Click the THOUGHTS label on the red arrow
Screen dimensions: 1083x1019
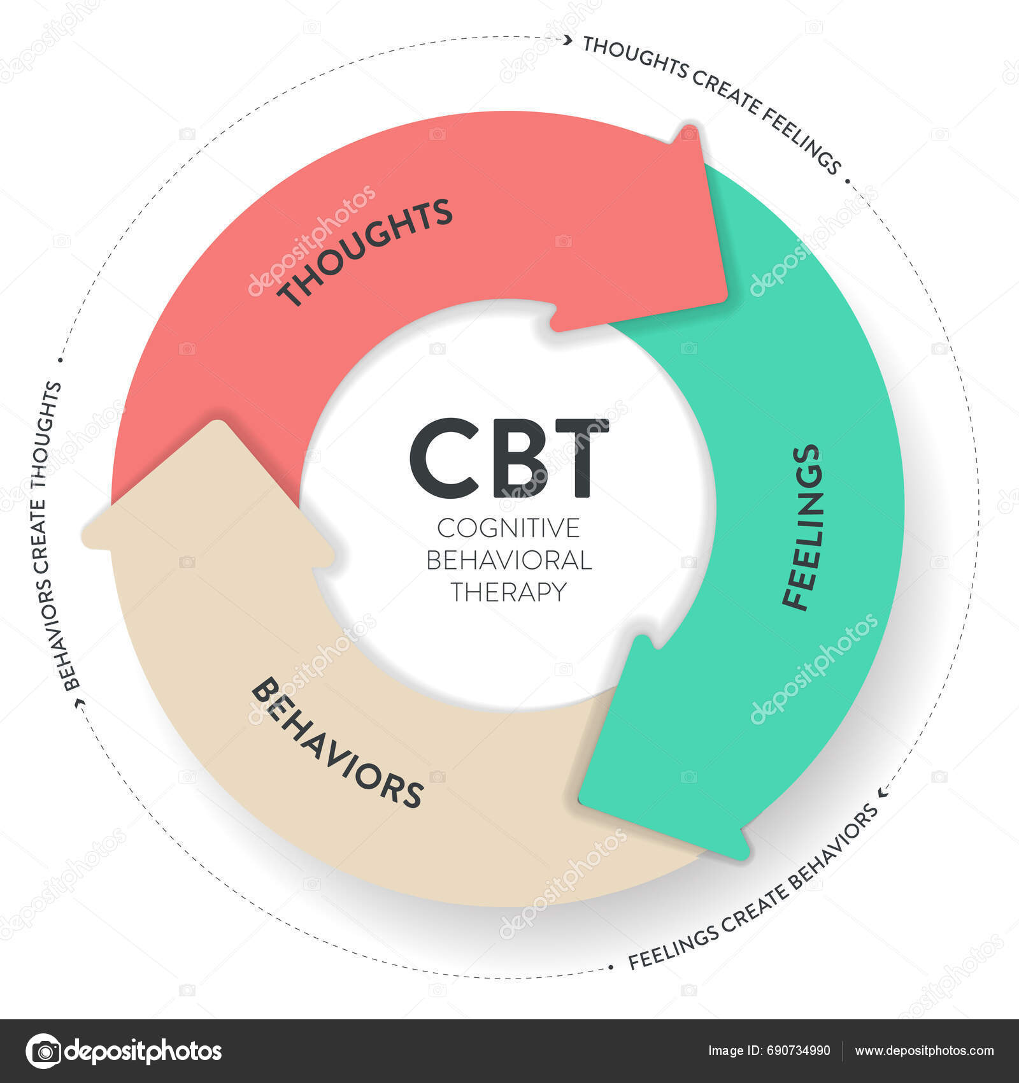(366, 252)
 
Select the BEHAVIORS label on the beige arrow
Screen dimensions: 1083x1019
(336, 743)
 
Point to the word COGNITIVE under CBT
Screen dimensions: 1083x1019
(509, 528)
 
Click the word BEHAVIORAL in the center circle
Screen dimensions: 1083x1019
(509, 560)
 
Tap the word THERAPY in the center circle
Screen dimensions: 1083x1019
(509, 592)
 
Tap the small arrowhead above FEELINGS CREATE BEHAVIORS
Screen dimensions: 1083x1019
(883, 793)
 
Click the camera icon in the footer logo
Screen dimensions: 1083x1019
(44, 1051)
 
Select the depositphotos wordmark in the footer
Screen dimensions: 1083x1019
(144, 1051)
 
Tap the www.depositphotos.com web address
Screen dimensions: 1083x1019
(923, 1051)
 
